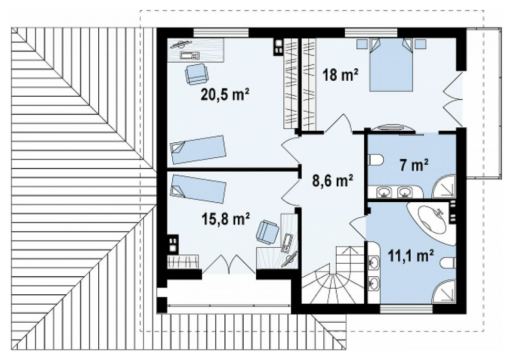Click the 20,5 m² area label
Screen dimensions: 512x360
225,95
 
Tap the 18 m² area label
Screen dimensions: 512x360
340,75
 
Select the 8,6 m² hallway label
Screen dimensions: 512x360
332,181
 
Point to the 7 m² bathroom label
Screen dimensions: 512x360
414,166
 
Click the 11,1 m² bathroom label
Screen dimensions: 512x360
411,256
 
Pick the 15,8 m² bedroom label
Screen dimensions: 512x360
225,219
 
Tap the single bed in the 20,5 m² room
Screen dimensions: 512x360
198,149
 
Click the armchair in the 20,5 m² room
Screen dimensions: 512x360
196,74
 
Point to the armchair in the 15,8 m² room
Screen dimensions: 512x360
268,232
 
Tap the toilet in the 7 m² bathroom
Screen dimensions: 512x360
375,160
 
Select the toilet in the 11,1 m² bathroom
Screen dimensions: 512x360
448,262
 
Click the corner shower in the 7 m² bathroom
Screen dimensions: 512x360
444,186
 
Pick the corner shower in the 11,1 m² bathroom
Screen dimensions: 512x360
444,291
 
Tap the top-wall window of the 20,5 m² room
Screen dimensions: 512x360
221,33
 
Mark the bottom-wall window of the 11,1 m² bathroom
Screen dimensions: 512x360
406,309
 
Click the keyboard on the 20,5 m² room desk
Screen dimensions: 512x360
189,56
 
